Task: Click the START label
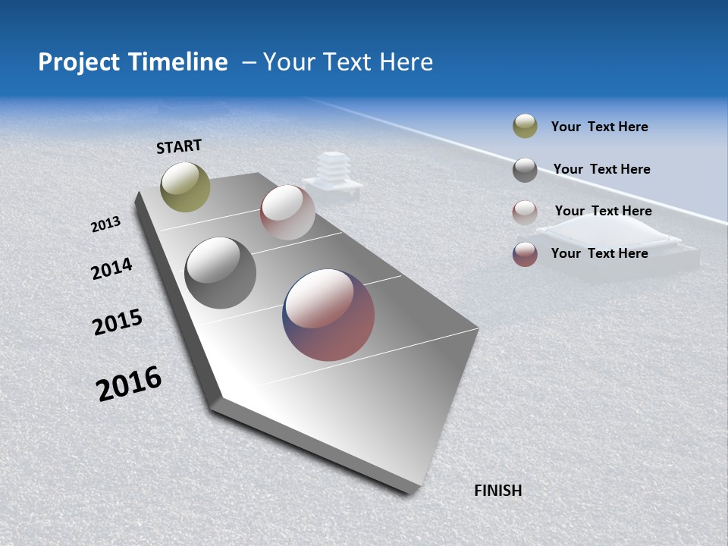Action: click(179, 146)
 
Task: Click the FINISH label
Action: click(498, 491)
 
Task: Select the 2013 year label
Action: click(106, 224)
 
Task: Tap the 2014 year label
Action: click(111, 268)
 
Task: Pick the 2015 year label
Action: click(118, 322)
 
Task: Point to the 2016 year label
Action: click(129, 383)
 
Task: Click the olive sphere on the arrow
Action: click(185, 187)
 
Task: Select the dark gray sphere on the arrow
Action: click(220, 273)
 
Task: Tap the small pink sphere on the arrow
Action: click(287, 212)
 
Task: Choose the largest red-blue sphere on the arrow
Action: click(328, 315)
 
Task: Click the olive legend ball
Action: click(525, 127)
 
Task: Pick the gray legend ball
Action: click(525, 170)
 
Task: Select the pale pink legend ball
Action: click(525, 212)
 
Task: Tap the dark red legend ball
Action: click(525, 254)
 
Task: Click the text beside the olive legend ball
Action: click(599, 127)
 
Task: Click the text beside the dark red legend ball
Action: click(599, 253)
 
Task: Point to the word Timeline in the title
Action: click(178, 62)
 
